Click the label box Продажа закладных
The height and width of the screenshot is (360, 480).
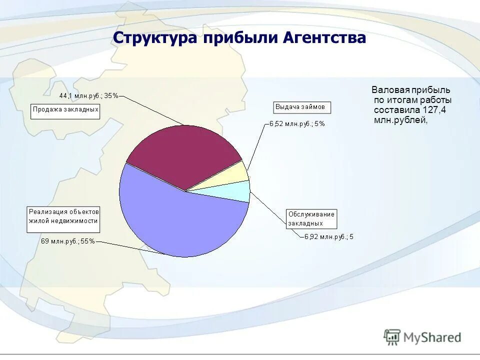click(65, 111)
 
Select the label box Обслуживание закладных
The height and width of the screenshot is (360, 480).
click(311, 218)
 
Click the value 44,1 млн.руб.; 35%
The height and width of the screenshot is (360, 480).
click(88, 96)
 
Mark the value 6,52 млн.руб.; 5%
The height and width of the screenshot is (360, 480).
click(297, 123)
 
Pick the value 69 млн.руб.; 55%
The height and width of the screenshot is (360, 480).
click(67, 241)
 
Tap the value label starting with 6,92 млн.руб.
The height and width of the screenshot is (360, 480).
click(328, 237)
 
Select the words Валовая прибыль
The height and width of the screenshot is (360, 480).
click(410, 90)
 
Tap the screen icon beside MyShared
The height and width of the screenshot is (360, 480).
click(392, 337)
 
